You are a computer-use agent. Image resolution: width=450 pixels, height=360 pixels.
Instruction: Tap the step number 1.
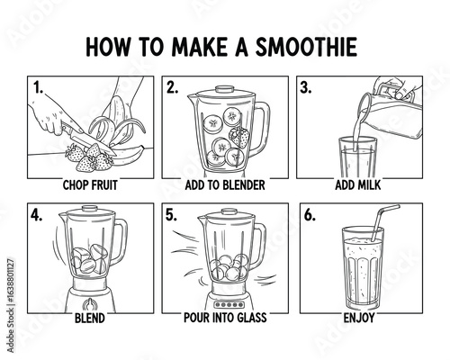coord(38,88)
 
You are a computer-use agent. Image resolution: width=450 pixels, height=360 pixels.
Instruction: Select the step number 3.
coord(305,88)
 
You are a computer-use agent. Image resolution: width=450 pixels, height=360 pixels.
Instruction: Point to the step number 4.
coord(37,216)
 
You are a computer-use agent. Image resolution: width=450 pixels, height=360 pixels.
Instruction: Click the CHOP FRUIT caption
coord(90,186)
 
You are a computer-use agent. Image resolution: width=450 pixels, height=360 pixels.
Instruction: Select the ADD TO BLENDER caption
coord(225,186)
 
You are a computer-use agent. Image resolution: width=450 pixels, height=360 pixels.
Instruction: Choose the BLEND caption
coord(90,317)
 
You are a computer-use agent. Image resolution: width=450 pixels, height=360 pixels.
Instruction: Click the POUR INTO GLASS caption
coord(225,317)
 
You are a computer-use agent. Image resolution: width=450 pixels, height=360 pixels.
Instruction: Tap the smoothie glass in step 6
coord(362,274)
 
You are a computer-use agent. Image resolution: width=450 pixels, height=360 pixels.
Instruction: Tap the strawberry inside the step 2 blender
coord(239,137)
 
